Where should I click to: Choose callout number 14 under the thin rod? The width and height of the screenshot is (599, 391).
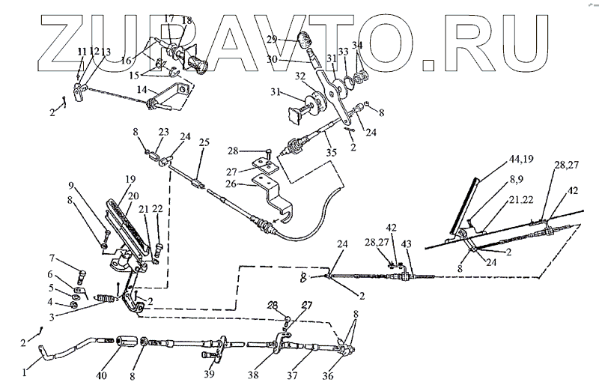[x=141, y=90]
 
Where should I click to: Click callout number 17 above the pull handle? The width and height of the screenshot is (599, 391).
[x=168, y=17]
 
